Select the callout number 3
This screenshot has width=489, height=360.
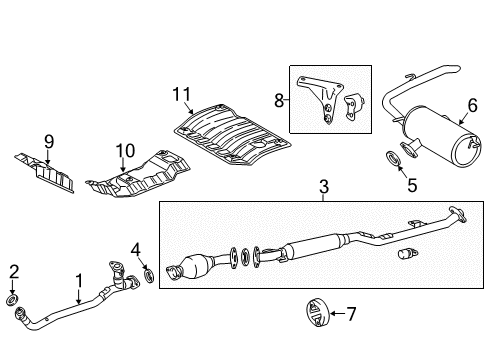[323, 186]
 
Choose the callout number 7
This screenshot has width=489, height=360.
[350, 314]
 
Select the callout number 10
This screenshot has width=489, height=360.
[123, 151]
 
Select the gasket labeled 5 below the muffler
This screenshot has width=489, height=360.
[393, 156]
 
